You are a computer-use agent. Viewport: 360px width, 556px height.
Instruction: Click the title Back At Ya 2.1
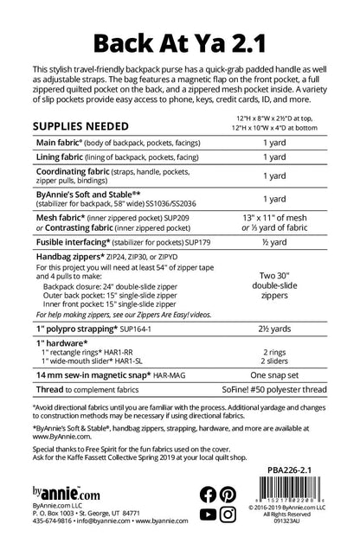pyautogui.click(x=180, y=40)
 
